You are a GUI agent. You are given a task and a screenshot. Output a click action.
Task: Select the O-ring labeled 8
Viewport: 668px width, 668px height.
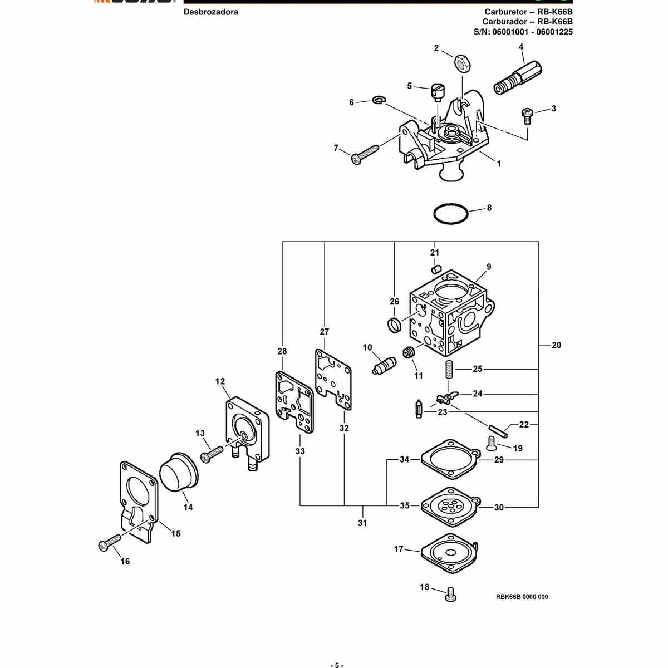coord(451,204)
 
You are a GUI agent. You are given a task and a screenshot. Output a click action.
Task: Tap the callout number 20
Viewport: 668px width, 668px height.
coord(556,345)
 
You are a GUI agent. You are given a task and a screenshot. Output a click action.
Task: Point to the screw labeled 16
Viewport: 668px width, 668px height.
coord(110,543)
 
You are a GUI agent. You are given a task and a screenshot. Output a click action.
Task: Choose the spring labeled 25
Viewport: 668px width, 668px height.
coord(449,370)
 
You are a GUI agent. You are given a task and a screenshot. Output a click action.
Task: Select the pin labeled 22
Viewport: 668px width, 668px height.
coord(498,431)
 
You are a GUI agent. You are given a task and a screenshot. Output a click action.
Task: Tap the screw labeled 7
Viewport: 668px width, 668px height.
coord(365,154)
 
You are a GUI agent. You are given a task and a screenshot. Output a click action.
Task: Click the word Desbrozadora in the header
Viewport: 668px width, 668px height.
coord(211,12)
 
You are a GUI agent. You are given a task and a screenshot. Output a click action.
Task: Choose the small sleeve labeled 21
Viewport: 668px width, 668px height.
coord(436,269)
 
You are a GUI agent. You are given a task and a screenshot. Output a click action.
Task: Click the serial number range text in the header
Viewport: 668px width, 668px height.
coord(523,32)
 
